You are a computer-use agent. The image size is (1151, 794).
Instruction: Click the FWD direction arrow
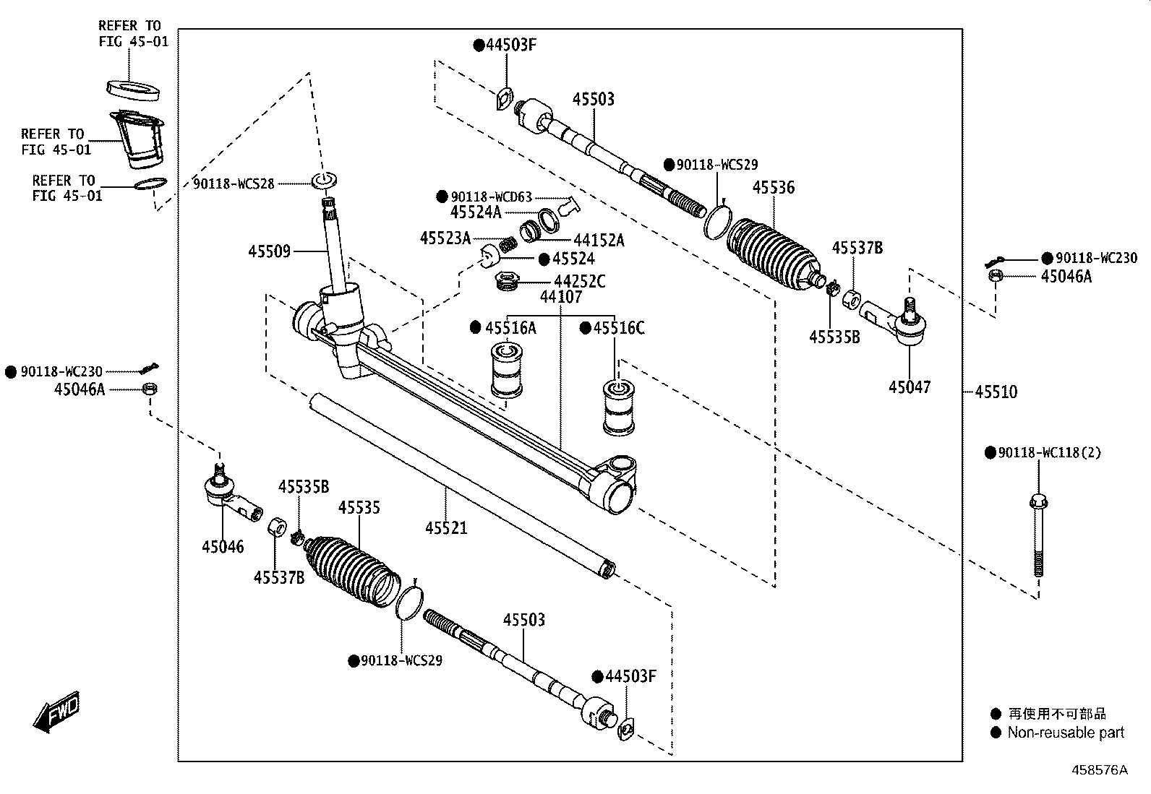click(x=56, y=712)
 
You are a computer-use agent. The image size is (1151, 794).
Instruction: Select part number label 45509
click(x=269, y=251)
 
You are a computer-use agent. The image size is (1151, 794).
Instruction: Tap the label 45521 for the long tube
click(x=446, y=528)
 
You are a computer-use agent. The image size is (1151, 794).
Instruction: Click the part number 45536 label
click(x=774, y=188)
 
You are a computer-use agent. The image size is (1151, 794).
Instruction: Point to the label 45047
click(x=910, y=387)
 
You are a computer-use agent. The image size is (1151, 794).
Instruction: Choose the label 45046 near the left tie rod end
click(x=223, y=547)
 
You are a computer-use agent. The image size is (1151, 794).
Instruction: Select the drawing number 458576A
click(x=1100, y=770)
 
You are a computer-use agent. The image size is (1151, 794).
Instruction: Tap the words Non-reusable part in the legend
click(x=1066, y=733)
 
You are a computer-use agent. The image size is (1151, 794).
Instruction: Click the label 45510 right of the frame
click(x=996, y=392)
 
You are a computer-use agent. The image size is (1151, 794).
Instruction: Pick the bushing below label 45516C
click(x=619, y=407)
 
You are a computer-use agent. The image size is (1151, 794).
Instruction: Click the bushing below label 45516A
click(x=507, y=371)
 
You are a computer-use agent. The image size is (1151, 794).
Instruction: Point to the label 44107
click(x=561, y=297)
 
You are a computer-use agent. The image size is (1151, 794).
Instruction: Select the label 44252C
click(x=580, y=282)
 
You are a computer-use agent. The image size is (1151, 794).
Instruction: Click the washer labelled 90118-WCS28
click(x=325, y=181)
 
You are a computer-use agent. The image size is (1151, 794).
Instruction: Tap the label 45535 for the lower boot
click(x=359, y=508)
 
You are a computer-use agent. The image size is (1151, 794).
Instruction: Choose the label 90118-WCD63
click(x=491, y=197)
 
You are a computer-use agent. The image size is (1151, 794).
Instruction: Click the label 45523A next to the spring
click(x=445, y=238)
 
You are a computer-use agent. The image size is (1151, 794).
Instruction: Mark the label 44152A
click(x=599, y=241)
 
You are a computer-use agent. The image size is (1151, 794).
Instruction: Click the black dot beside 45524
click(x=544, y=259)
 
